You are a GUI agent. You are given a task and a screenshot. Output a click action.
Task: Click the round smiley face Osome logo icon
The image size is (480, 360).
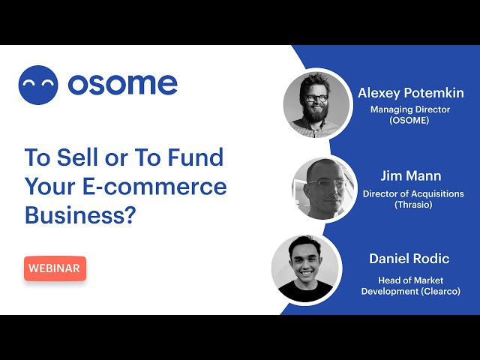tap(38, 85)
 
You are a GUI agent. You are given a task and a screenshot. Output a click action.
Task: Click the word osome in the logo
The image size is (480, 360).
tap(123, 84)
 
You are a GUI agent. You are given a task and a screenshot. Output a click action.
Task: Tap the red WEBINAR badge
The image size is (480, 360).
tap(55, 268)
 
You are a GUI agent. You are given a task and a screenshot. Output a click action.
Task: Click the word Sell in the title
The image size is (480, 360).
tap(78, 157)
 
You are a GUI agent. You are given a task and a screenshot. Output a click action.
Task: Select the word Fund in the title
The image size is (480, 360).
tap(196, 157)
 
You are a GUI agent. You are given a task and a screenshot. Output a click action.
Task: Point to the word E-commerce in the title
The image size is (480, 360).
tap(154, 186)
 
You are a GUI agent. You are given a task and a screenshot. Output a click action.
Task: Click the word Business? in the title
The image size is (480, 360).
tap(80, 215)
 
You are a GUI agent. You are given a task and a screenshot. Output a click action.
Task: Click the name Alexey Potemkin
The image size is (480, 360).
tap(411, 93)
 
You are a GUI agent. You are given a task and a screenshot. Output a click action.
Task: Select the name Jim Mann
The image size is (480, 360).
tap(411, 176)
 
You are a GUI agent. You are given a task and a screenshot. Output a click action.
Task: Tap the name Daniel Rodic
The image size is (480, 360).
tap(409, 259)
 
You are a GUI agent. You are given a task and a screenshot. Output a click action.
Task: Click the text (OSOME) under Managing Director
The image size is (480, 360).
tap(409, 120)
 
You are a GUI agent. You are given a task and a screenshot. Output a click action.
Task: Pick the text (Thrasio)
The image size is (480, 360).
tap(413, 205)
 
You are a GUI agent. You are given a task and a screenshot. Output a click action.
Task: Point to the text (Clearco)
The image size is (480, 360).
tap(440, 291)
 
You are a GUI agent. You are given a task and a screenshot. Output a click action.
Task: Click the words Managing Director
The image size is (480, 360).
tap(410, 109)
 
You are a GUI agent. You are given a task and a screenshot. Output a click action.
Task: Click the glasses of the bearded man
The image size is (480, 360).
tap(316, 98)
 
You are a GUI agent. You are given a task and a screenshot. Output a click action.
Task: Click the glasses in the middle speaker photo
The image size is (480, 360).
tap(324, 184)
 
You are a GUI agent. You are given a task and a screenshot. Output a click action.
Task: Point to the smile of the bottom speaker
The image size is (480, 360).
tap(307, 272)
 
